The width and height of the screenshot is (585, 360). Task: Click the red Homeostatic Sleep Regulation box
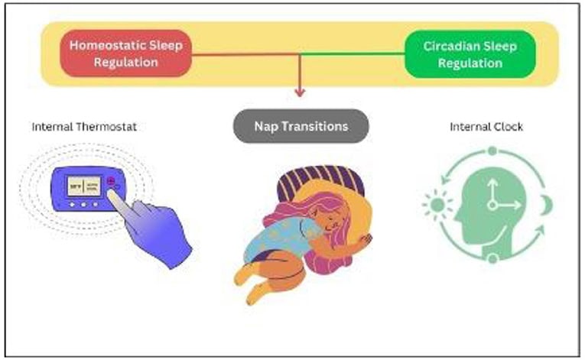[x=127, y=54]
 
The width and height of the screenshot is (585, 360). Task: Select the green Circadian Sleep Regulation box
[x=470, y=54]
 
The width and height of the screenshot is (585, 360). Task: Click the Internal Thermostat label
[x=84, y=127]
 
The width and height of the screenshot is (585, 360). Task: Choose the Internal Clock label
[x=486, y=127]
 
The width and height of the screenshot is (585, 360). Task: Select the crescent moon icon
[x=545, y=204]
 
